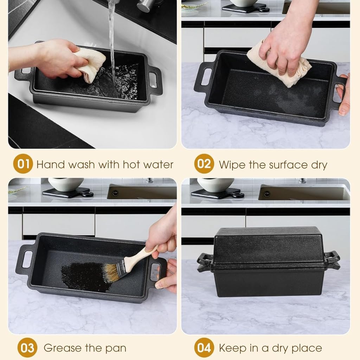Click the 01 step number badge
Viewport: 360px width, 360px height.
(23, 164)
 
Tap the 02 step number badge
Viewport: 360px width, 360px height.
(204, 164)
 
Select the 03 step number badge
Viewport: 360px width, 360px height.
(27, 348)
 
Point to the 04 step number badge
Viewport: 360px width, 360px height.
(204, 348)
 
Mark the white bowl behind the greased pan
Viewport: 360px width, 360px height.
(66, 184)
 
